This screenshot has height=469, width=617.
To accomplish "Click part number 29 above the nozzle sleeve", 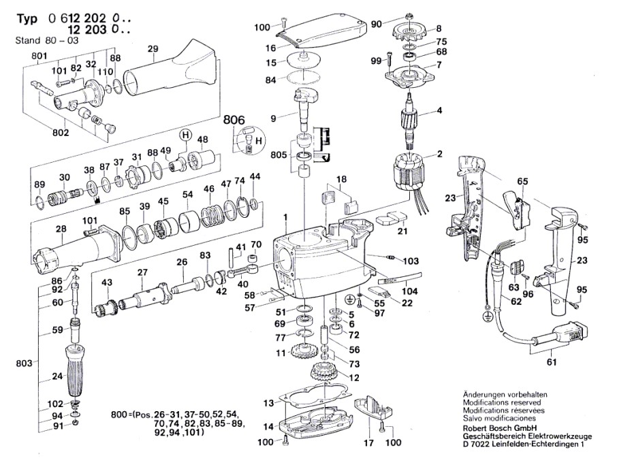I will click(x=153, y=48).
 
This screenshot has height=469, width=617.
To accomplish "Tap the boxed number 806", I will click(x=234, y=120).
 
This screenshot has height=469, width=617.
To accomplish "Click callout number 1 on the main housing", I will click(x=286, y=216).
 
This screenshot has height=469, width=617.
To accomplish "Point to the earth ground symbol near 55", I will click(x=349, y=298).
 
